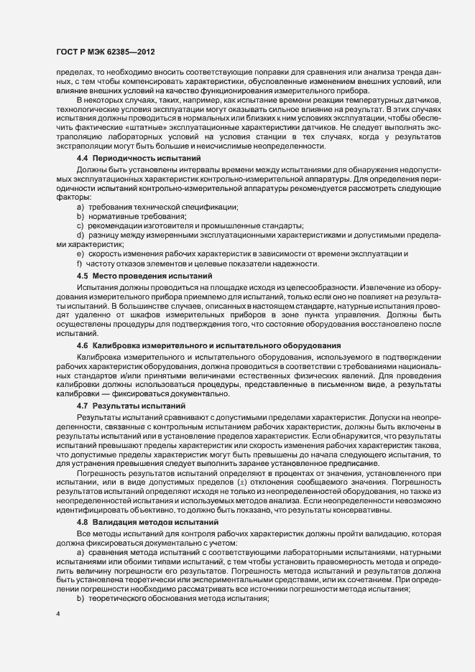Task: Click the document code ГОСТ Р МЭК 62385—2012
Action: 105,52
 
